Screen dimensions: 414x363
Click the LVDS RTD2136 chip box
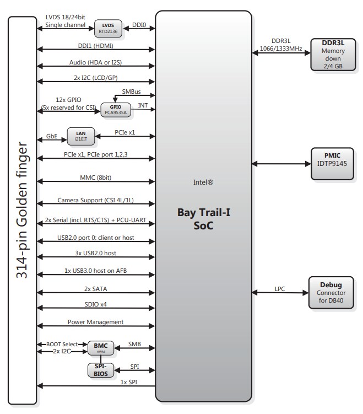(108, 28)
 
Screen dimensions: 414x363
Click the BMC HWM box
(100, 348)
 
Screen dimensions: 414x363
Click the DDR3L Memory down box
(333, 54)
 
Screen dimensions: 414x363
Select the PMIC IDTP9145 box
(333, 164)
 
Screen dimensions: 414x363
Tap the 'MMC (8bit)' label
(96, 178)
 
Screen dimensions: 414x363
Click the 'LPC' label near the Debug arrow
(280, 288)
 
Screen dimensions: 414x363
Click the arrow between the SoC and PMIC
(280, 164)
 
